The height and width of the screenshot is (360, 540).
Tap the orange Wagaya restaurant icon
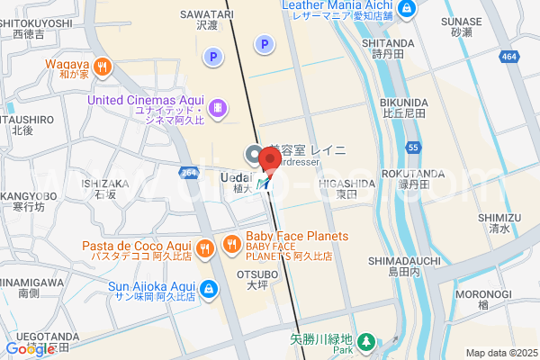pyautogui.click(x=104, y=65)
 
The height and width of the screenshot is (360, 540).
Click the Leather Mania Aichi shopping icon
pyautogui.click(x=407, y=9)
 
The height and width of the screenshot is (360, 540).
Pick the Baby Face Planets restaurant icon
pyautogui.click(x=232, y=242)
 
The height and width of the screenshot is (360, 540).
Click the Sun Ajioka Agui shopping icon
pyautogui.click(x=209, y=289)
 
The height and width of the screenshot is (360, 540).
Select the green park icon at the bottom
pyautogui.click(x=366, y=341)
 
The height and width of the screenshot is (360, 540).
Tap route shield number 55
pyautogui.click(x=413, y=147)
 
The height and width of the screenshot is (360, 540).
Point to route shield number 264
pyautogui.click(x=188, y=173)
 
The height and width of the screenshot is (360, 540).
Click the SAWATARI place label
pyautogui.click(x=207, y=15)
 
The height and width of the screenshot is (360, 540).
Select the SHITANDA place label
pyautogui.click(x=388, y=42)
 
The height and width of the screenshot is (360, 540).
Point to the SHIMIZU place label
pyautogui.click(x=499, y=217)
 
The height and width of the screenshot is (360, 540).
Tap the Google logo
pyautogui.click(x=30, y=349)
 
